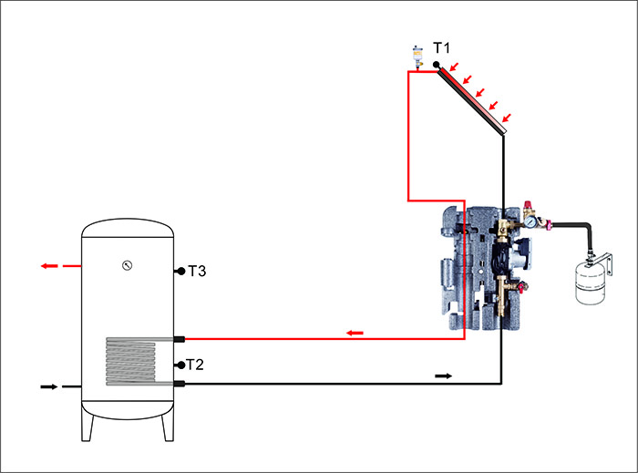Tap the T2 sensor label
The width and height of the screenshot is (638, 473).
[196, 365]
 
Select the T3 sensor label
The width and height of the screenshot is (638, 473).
[198, 271]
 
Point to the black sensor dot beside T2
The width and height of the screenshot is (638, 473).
[180, 365]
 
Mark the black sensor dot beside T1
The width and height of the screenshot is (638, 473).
[437, 65]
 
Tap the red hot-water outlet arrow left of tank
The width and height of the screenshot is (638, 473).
[49, 266]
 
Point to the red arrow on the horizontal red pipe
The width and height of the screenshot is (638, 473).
[355, 333]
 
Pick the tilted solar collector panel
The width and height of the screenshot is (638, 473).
[470, 101]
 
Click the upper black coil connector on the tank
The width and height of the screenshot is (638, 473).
[180, 339]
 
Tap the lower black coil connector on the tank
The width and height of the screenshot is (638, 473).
[180, 385]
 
